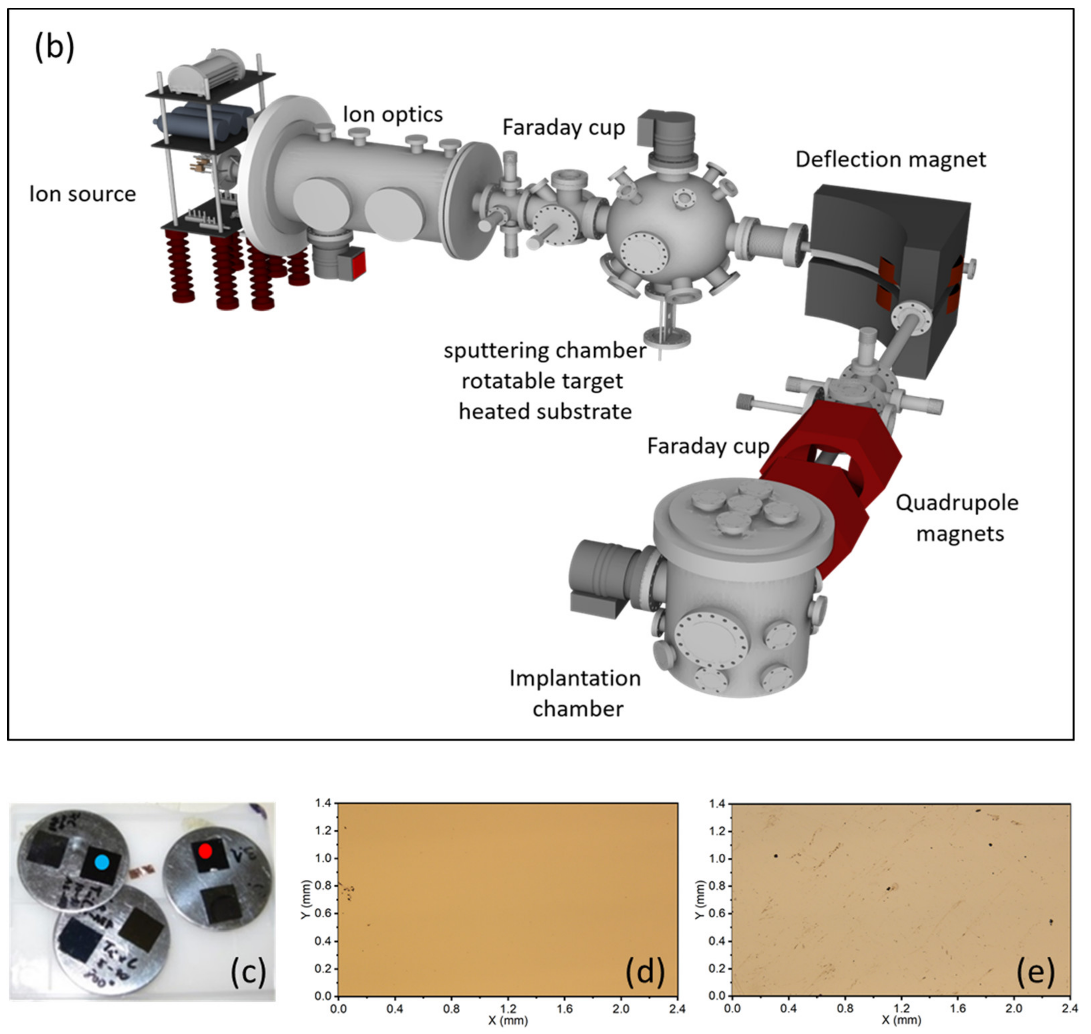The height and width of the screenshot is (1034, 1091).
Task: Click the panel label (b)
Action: [x=54, y=48]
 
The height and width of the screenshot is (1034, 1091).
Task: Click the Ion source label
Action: [x=83, y=194]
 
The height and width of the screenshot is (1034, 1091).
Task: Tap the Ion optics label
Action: [x=392, y=114]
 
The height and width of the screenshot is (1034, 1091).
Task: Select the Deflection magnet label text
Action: [x=891, y=159]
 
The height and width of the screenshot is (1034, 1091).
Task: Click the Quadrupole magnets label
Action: [x=957, y=518]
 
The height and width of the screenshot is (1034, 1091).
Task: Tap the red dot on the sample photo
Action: [x=205, y=852]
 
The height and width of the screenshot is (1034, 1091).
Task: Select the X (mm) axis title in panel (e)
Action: [x=901, y=1020]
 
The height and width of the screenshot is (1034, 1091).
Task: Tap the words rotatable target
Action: [x=542, y=381]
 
